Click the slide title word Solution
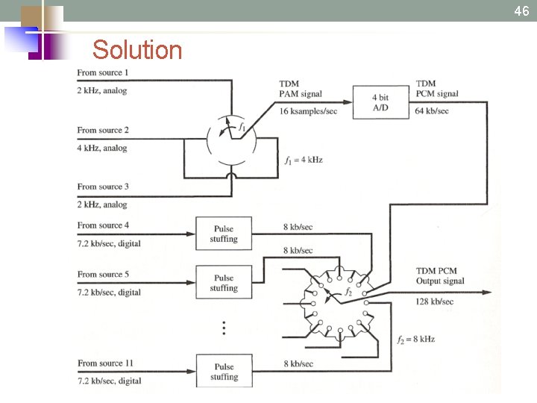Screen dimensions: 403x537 coord(137,50)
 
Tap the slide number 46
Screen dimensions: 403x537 coord(521,10)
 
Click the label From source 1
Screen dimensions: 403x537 coord(103,72)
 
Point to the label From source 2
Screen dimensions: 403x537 coord(103,130)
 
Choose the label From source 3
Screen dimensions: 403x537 coord(103,187)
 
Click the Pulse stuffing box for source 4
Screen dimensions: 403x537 coord(224,234)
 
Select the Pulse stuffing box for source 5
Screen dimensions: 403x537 coord(224,283)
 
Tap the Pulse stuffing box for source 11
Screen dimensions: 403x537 coord(224,372)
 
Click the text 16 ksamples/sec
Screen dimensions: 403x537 coord(308,111)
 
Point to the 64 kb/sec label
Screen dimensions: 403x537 coord(433,111)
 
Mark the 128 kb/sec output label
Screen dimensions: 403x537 coord(435,302)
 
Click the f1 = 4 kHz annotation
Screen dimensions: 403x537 coord(304,160)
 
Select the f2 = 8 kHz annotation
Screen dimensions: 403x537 coord(415,339)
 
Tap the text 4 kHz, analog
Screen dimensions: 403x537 coord(102,148)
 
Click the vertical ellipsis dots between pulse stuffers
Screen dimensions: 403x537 coord(224,327)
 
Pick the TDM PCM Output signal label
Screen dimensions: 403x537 coord(440,275)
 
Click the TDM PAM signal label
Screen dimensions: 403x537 coord(301,88)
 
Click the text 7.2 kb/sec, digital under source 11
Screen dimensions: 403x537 coord(109,381)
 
